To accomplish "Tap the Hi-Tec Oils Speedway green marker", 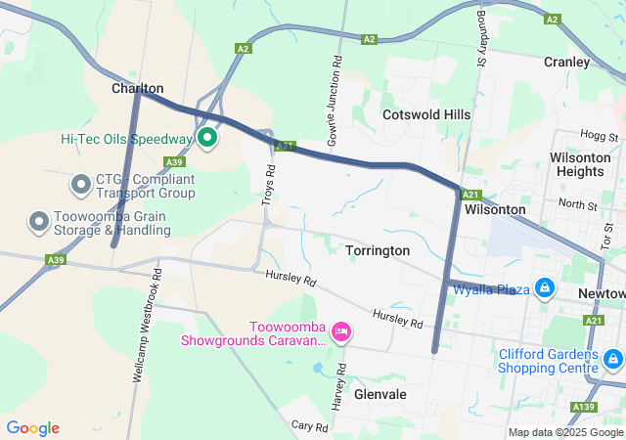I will (x=207, y=138).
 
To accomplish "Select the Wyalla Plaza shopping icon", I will (x=545, y=289).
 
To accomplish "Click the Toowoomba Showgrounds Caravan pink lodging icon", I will (x=341, y=332).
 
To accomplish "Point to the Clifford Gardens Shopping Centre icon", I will (x=612, y=360).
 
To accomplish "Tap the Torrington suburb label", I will (x=378, y=251).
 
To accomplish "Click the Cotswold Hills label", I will (x=425, y=114).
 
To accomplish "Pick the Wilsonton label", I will (x=495, y=209).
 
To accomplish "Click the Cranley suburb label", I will (x=567, y=62).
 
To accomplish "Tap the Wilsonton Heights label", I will (x=577, y=164).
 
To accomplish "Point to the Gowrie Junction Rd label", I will (x=335, y=96).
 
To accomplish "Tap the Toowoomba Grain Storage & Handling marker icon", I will (x=39, y=222).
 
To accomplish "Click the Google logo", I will (x=32, y=427).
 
